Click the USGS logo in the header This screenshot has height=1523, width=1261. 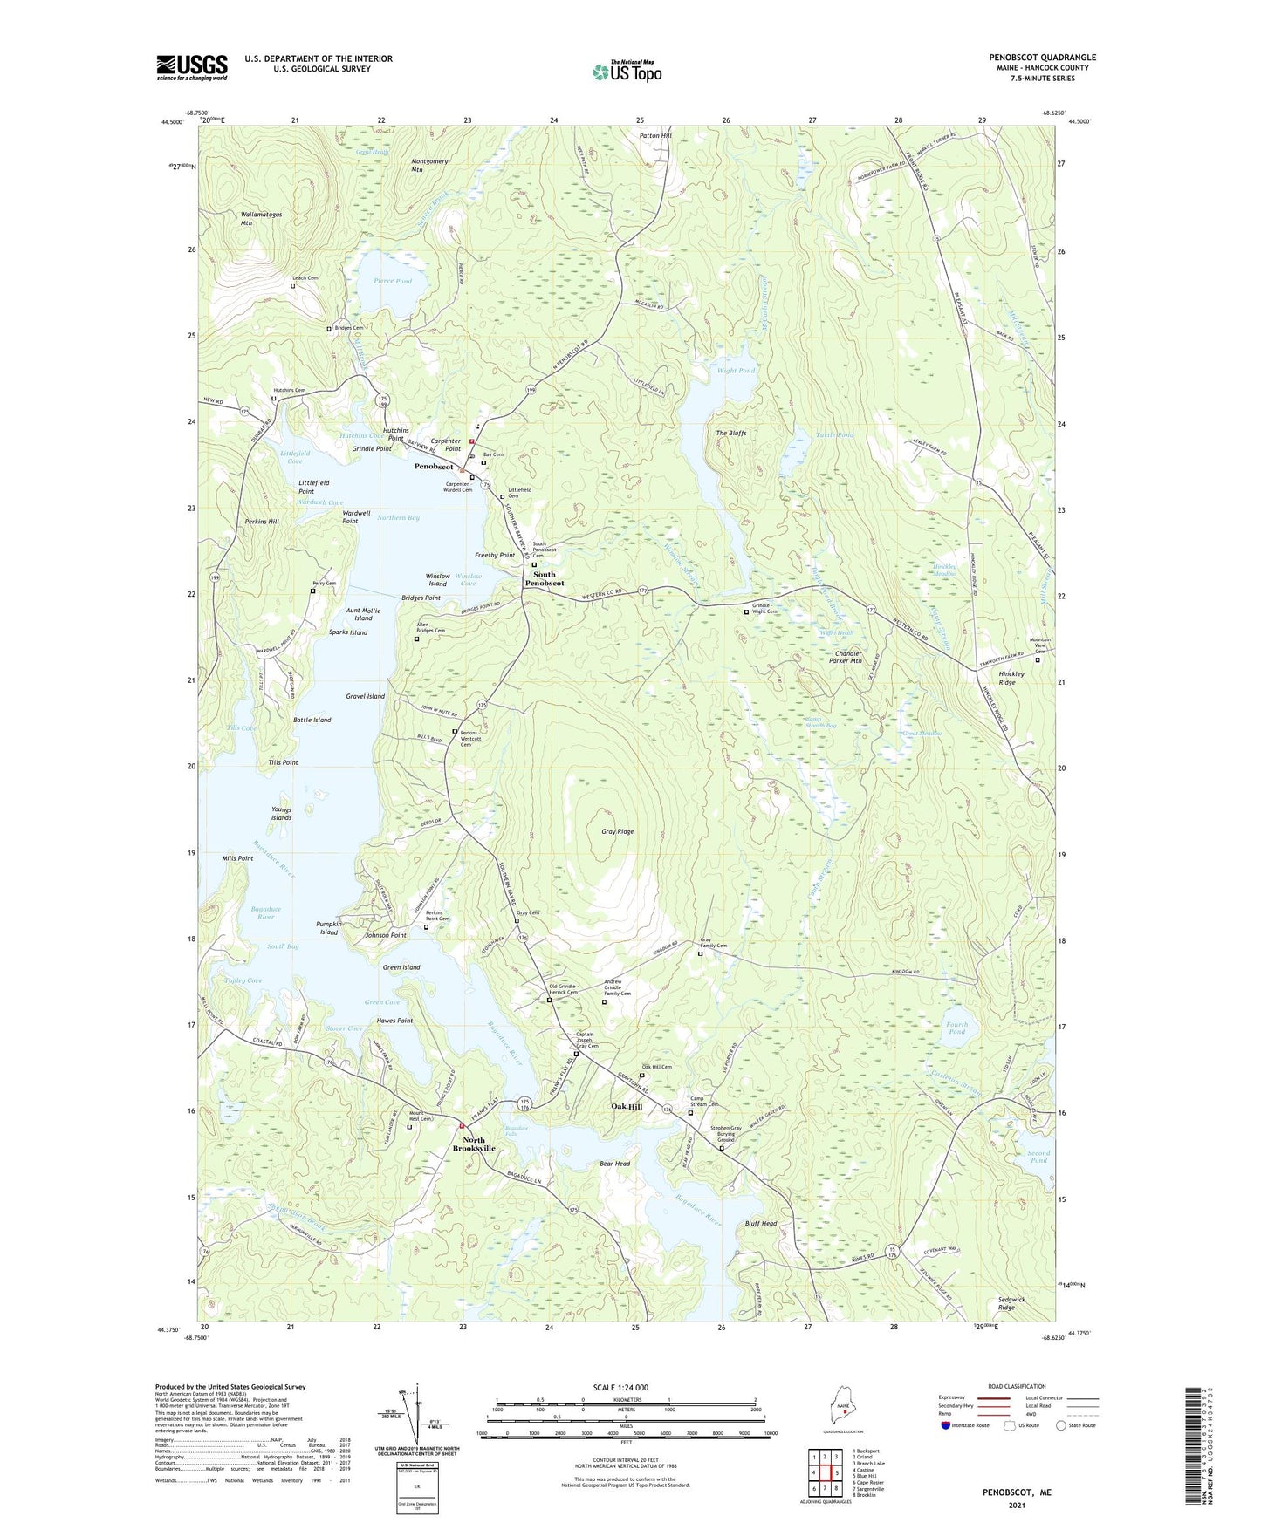[x=192, y=67]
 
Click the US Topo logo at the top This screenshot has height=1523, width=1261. [x=627, y=72]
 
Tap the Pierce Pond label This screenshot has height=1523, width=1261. [x=392, y=282]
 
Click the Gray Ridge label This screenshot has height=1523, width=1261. [x=617, y=831]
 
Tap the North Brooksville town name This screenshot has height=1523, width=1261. [x=474, y=1144]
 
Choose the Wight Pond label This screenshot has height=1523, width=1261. [x=736, y=371]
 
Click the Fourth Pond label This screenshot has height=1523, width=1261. [x=957, y=1028]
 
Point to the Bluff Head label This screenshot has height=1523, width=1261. [x=761, y=1223]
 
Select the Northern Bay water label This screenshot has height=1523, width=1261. [x=398, y=518]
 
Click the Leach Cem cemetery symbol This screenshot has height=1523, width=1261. [x=293, y=286]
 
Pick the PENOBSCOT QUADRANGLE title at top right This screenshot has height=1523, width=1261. [x=1042, y=58]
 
